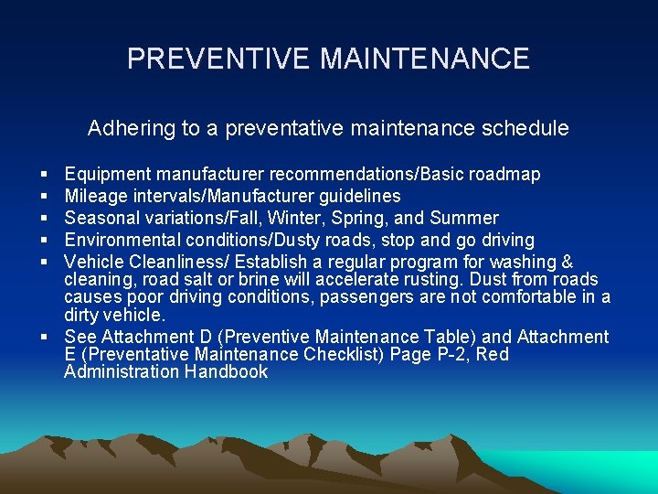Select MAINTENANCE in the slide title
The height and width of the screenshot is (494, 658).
pos(425,59)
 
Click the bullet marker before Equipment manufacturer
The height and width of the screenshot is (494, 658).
pos(45,175)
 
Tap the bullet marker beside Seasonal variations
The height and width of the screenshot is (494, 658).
pos(45,219)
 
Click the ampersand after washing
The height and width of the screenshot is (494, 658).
pos(566,262)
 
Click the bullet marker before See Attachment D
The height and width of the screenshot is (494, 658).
pos(45,338)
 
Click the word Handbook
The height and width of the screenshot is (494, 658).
pos(226,371)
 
